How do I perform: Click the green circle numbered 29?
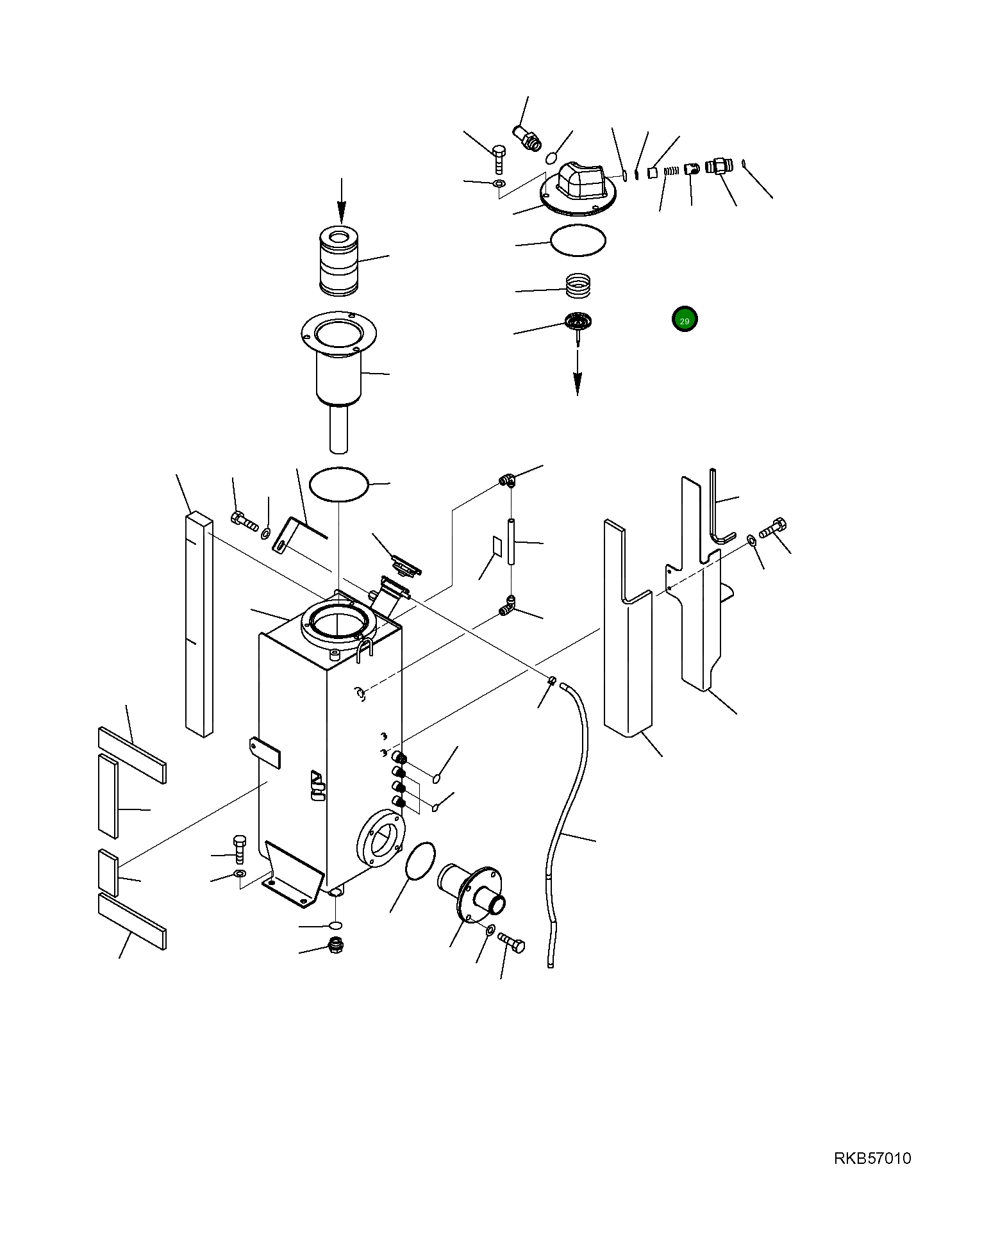coord(684,319)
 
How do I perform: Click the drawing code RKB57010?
coord(872,1158)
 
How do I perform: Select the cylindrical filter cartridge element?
coord(339,260)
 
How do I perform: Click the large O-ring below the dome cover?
coord(578,241)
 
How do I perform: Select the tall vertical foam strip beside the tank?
coord(198,625)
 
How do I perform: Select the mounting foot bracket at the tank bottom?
coord(292,875)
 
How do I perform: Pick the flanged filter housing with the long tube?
coord(338,372)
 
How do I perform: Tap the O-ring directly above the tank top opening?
coord(338,485)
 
